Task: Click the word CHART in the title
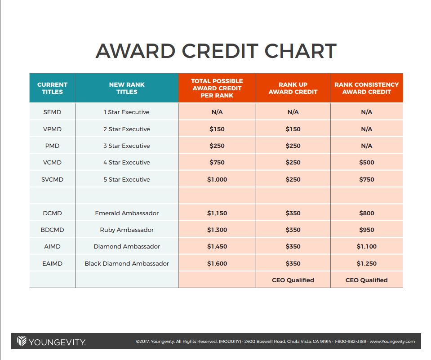pos(300,51)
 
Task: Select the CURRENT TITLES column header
pos(52,88)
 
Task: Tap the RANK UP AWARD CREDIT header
pos(293,88)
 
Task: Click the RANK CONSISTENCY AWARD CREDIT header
pos(366,88)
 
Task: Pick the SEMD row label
pos(52,112)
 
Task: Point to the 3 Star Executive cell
pos(127,146)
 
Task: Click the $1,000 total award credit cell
pos(217,179)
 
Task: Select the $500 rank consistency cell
pos(366,162)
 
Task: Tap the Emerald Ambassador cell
pos(127,213)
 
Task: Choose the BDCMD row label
pos(52,230)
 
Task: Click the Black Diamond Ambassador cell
pos(127,263)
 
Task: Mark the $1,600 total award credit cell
pos(217,263)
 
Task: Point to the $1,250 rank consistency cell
pos(366,263)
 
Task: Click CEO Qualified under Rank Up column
pos(293,280)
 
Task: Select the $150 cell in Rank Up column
pos(293,129)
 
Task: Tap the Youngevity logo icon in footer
pos(22,341)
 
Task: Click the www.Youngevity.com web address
pos(392,341)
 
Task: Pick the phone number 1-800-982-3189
pos(350,341)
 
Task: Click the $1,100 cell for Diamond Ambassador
pos(366,246)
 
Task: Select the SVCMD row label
pos(52,179)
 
